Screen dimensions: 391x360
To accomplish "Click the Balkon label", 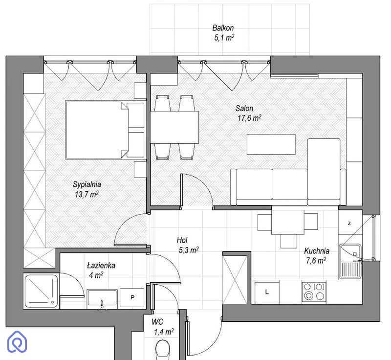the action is (223, 28).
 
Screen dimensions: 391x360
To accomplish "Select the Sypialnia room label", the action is (87, 184).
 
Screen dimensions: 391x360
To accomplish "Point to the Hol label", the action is (182, 240).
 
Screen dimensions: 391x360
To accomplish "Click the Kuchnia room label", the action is (317, 251).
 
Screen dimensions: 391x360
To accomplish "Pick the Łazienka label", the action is (101, 266).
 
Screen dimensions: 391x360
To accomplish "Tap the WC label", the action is (157, 322).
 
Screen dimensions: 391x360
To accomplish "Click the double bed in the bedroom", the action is (105, 130).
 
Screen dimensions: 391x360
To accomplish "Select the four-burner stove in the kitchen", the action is (314, 292).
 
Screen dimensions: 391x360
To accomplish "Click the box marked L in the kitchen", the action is (267, 292).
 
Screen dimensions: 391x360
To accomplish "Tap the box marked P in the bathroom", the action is (132, 297).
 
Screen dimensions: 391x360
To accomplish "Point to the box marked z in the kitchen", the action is (349, 223).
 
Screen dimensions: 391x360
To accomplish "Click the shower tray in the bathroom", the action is (41, 292).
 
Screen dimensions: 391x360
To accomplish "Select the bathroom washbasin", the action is (102, 298).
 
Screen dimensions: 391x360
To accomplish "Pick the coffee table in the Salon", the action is (271, 144).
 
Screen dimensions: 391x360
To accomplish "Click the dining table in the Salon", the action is (174, 127).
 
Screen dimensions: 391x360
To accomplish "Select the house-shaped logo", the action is (17, 341).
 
